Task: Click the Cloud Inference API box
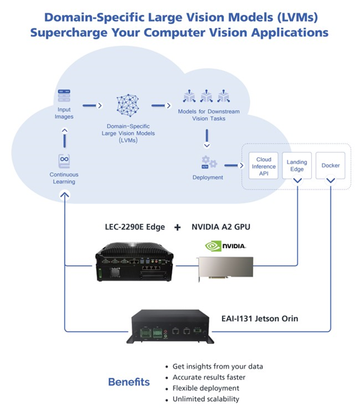pyautogui.click(x=263, y=166)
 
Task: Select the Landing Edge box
pyautogui.click(x=297, y=166)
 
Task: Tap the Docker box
pyautogui.click(x=330, y=166)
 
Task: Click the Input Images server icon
pyautogui.click(x=64, y=96)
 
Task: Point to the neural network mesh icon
pyautogui.click(x=128, y=105)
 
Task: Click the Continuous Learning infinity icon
pyautogui.click(x=64, y=161)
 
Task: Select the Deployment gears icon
pyautogui.click(x=209, y=162)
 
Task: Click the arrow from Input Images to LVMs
pyautogui.click(x=92, y=106)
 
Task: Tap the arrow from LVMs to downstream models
pyautogui.click(x=161, y=106)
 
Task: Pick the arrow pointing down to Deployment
pyautogui.click(x=207, y=139)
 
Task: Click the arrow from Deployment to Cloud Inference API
pyautogui.click(x=234, y=166)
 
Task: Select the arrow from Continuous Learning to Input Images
pyautogui.click(x=64, y=138)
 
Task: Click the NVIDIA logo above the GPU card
pyautogui.click(x=226, y=246)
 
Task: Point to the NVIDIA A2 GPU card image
pyautogui.click(x=226, y=269)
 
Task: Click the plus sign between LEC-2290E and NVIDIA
pyautogui.click(x=177, y=227)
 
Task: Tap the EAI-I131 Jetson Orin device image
pyautogui.click(x=170, y=326)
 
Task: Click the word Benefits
pyautogui.click(x=129, y=382)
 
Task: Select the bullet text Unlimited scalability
pyautogui.click(x=205, y=399)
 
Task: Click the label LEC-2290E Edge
pyautogui.click(x=135, y=227)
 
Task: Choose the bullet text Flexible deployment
pyautogui.click(x=205, y=388)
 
